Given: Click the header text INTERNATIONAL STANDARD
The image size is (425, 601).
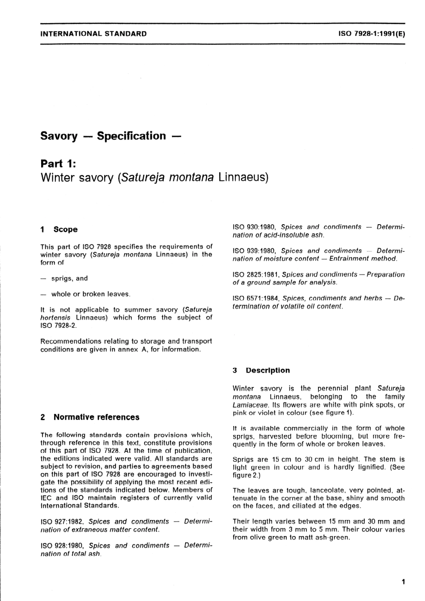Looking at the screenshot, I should [x=93, y=33].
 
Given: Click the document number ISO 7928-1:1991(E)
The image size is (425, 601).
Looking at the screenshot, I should [x=371, y=33].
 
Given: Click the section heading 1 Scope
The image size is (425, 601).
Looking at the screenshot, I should [x=59, y=230].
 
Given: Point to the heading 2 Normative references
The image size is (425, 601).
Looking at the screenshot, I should [x=90, y=417].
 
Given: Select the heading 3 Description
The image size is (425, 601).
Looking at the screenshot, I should [x=261, y=371].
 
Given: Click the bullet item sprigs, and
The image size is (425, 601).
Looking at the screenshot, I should [x=69, y=278].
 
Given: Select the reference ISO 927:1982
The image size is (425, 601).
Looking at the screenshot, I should [x=63, y=522].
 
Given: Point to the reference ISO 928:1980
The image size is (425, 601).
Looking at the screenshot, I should [x=63, y=546].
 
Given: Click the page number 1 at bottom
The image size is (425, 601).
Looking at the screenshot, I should [x=403, y=582].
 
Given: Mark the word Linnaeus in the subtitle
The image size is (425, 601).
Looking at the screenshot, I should [x=243, y=178].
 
